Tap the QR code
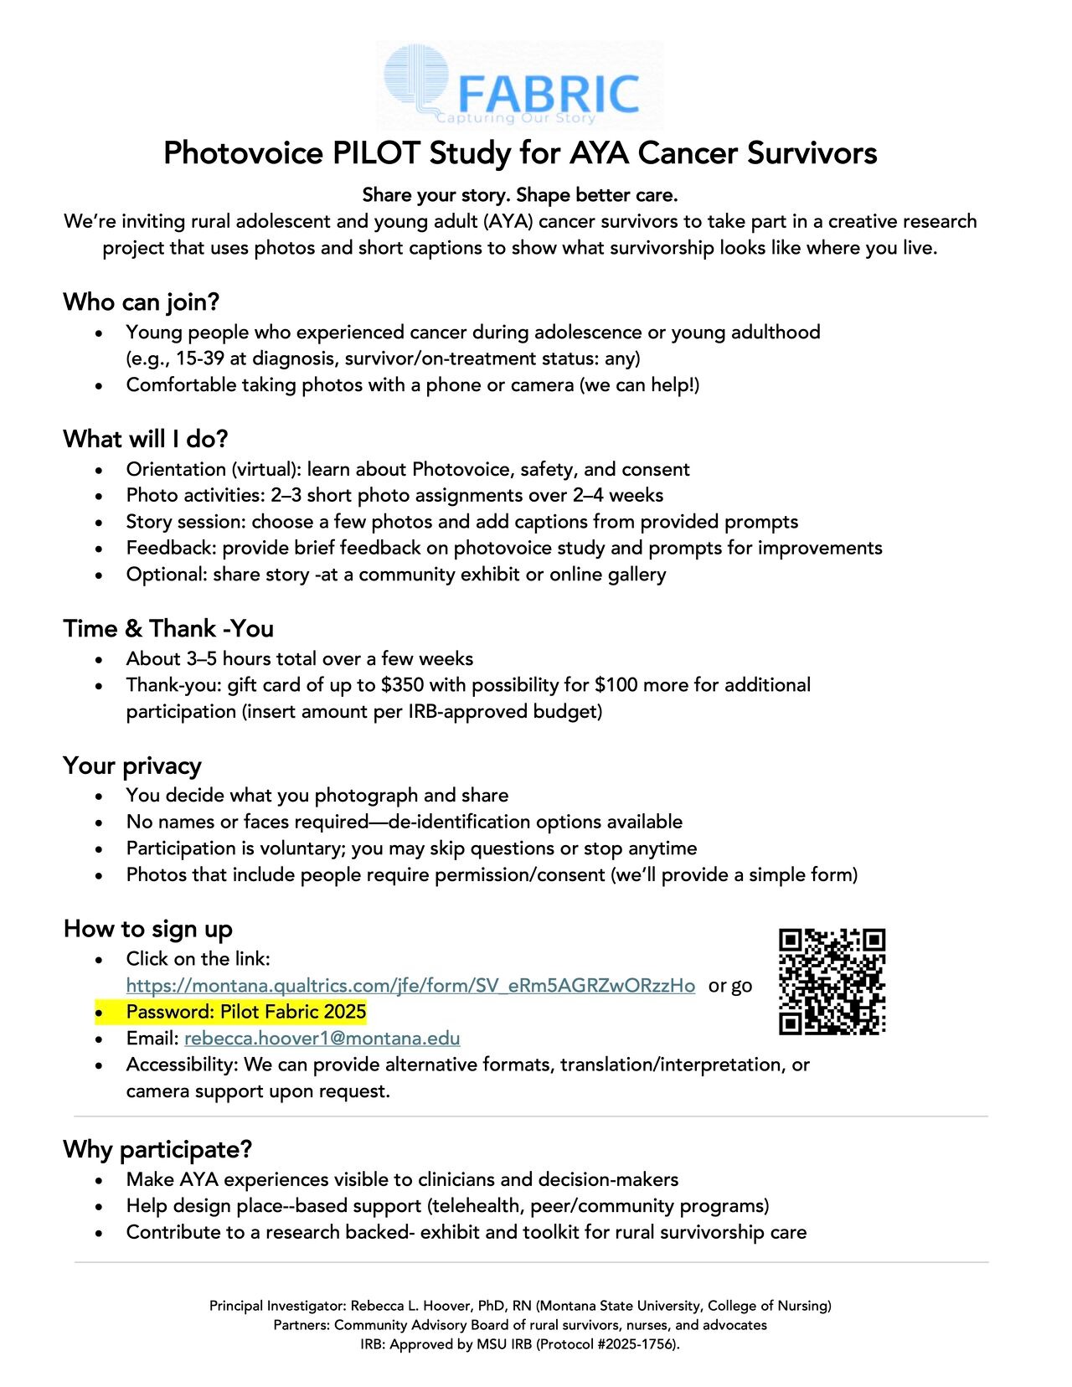[x=832, y=981]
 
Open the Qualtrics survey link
[x=410, y=986]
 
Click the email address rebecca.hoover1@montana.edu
[x=322, y=1039]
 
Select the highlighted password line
[x=245, y=1012]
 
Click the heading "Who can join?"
[x=141, y=302]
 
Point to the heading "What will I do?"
[x=146, y=439]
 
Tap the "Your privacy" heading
[x=132, y=766]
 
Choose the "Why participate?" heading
[x=157, y=1149]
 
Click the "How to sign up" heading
[x=148, y=929]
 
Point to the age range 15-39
[x=199, y=358]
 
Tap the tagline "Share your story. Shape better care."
[x=519, y=195]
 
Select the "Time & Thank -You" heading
[x=168, y=628]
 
